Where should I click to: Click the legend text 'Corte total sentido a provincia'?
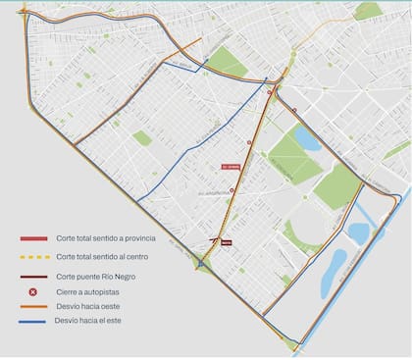click(104, 238)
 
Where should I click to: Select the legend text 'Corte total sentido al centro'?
click(102, 256)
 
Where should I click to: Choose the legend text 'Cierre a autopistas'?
click(89, 291)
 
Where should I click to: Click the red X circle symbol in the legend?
click(33, 291)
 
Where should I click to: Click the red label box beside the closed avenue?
click(231, 167)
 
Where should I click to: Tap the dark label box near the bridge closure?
click(226, 241)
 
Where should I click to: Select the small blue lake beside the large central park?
click(306, 138)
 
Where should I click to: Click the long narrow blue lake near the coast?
click(334, 273)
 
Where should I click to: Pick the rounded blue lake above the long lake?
click(358, 233)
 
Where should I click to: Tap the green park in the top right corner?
click(368, 11)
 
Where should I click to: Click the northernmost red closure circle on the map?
click(270, 93)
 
